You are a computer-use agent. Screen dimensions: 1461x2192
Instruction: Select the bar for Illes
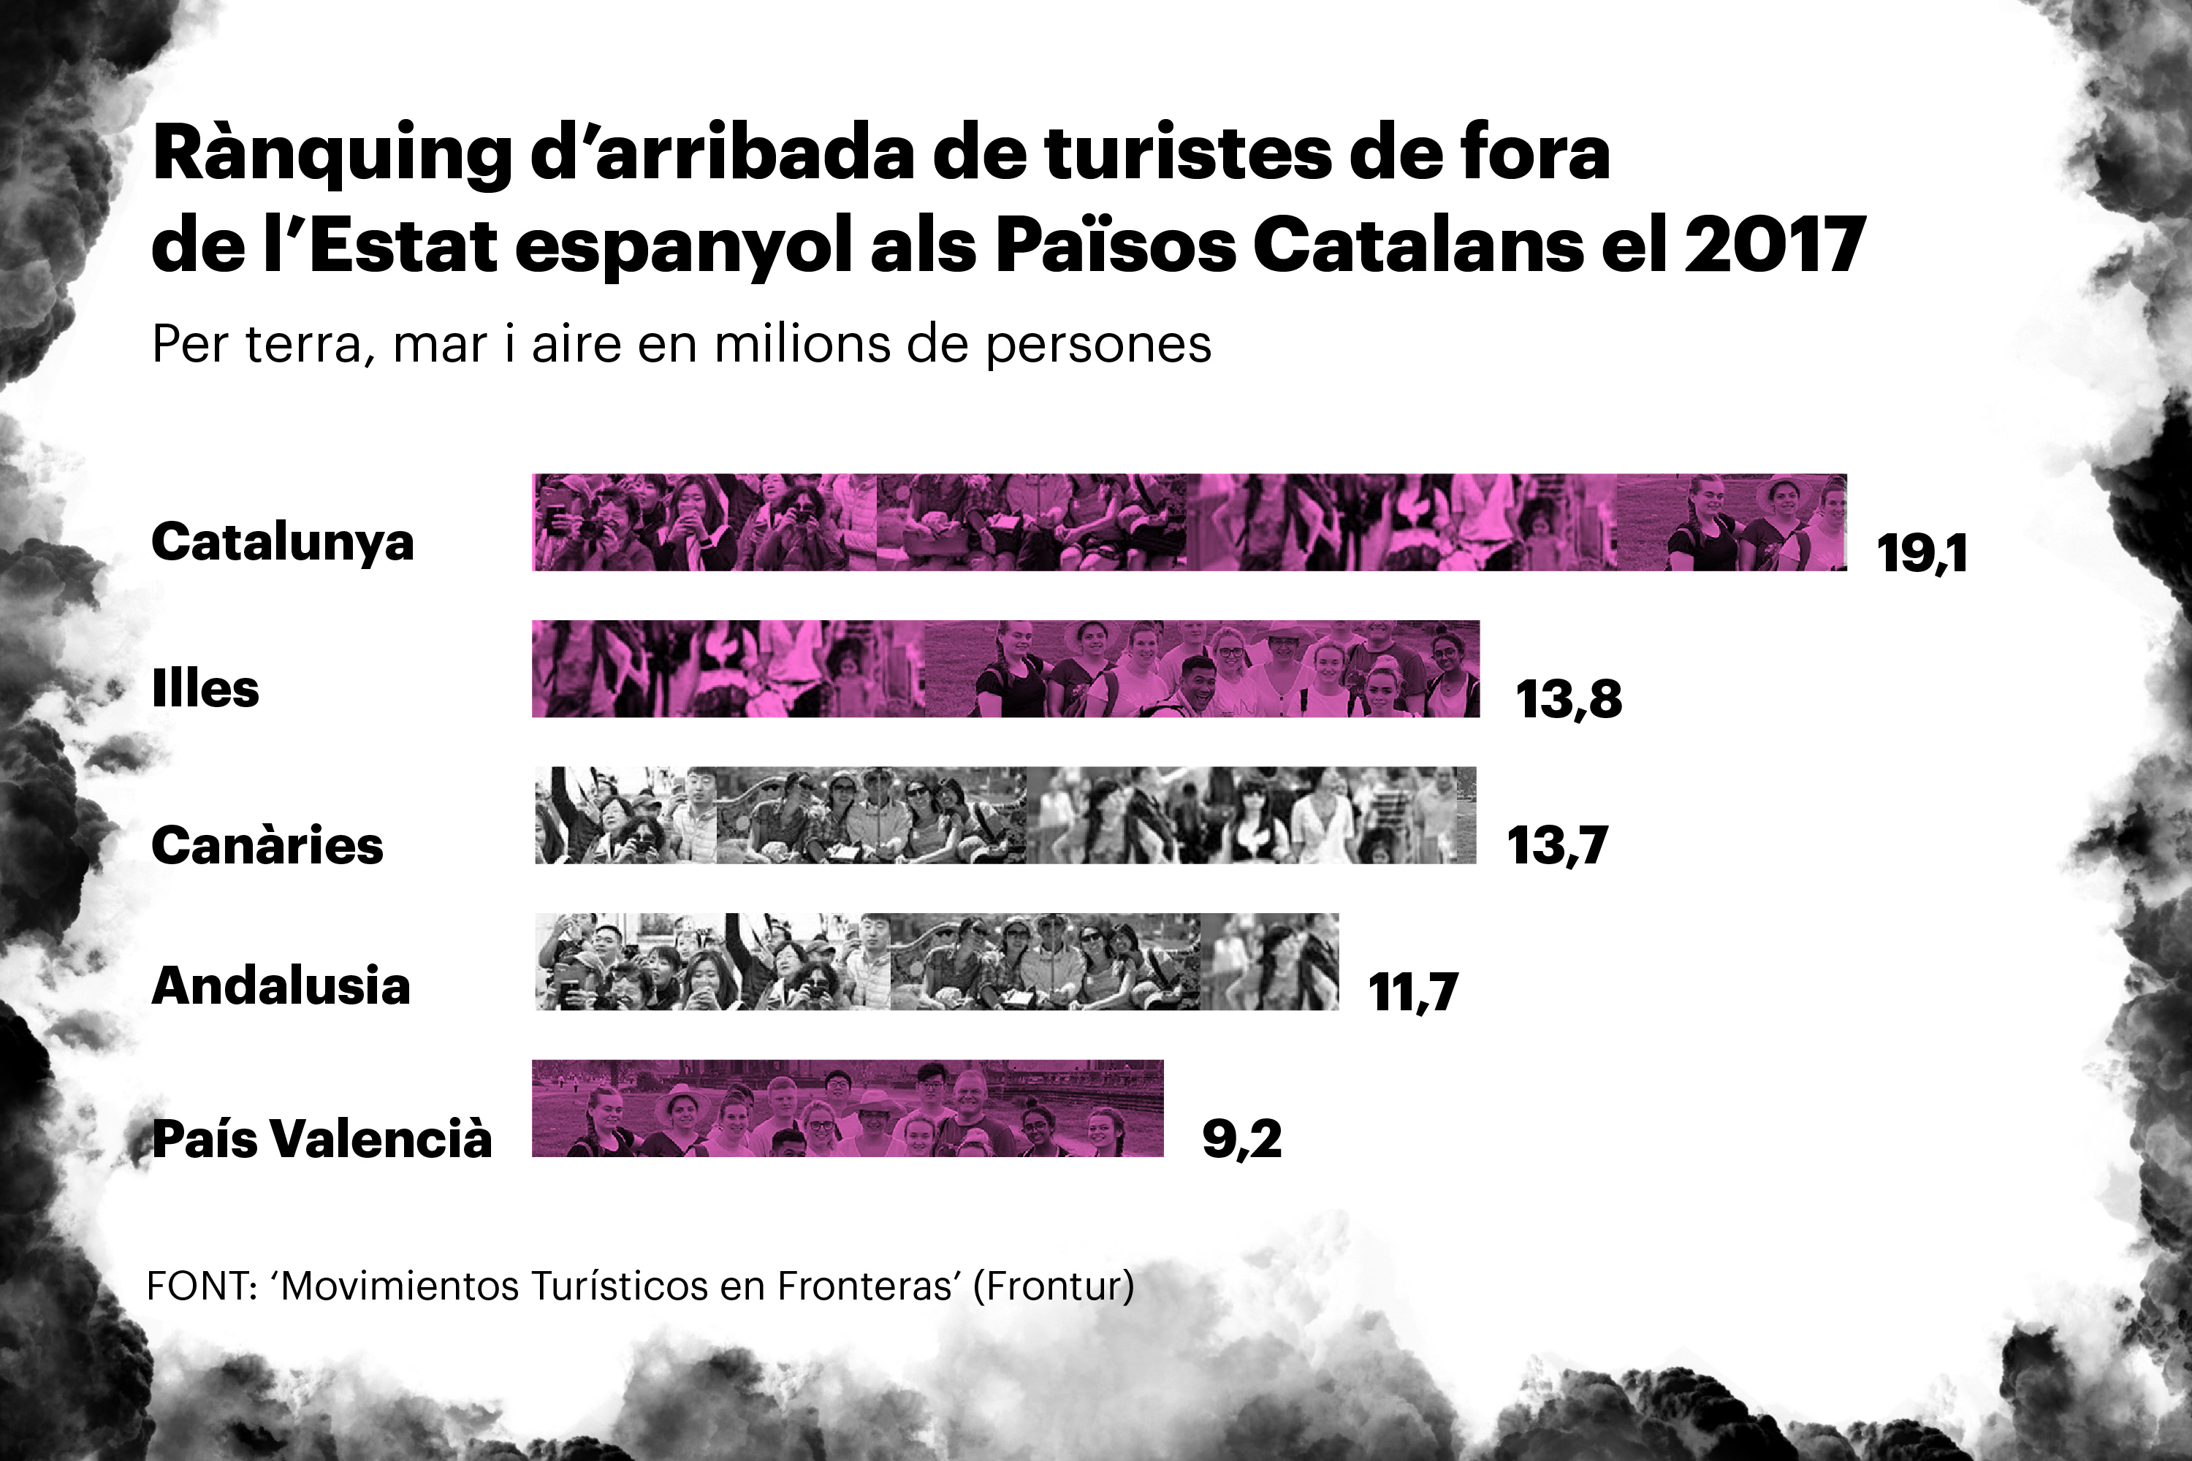[1005, 668]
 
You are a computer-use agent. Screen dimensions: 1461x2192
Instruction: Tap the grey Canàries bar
[1005, 815]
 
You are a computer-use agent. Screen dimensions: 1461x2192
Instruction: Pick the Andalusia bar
[936, 961]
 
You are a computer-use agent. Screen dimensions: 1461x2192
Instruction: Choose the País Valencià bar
[847, 1108]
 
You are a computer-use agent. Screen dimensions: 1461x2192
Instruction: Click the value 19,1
[1922, 554]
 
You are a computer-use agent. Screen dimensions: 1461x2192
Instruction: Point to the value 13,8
[1569, 699]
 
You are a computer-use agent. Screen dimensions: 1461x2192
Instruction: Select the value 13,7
[1557, 845]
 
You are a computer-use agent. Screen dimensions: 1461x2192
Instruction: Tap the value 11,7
[1413, 991]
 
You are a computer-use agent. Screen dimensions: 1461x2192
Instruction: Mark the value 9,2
[1241, 1139]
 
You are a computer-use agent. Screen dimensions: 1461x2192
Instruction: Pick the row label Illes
[205, 689]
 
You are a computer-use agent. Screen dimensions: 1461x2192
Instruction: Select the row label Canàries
[267, 845]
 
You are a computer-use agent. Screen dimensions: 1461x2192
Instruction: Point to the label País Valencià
[321, 1139]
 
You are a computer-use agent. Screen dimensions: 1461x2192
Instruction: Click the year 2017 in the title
[1773, 244]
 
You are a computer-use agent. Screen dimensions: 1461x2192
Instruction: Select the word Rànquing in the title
[332, 153]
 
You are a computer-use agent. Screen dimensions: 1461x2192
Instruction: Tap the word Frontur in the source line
[1053, 1286]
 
